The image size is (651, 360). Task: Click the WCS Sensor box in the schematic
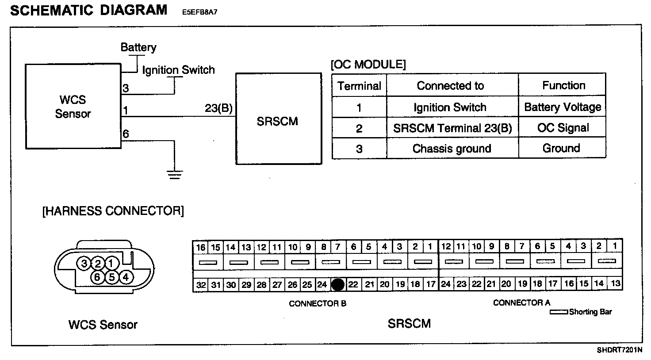73,106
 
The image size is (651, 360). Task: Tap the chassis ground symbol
175,174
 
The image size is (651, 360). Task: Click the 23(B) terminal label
218,108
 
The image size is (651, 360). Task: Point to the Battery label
138,47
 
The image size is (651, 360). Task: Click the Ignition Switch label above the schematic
178,70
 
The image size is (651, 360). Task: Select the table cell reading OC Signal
563,128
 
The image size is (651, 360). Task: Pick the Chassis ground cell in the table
452,149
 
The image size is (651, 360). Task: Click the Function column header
563,85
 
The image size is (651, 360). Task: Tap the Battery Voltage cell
563,107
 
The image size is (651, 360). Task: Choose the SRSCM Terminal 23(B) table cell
452,128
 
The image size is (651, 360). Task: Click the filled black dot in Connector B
338,284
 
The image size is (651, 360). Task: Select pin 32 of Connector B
201,285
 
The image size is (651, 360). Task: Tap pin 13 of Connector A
615,283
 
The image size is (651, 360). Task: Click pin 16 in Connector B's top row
201,247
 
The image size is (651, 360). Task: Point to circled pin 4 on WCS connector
126,277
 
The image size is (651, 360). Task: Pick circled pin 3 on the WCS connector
83,264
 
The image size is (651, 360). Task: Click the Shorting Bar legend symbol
559,312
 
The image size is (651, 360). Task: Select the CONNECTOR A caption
521,303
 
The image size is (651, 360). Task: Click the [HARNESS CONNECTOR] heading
113,211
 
